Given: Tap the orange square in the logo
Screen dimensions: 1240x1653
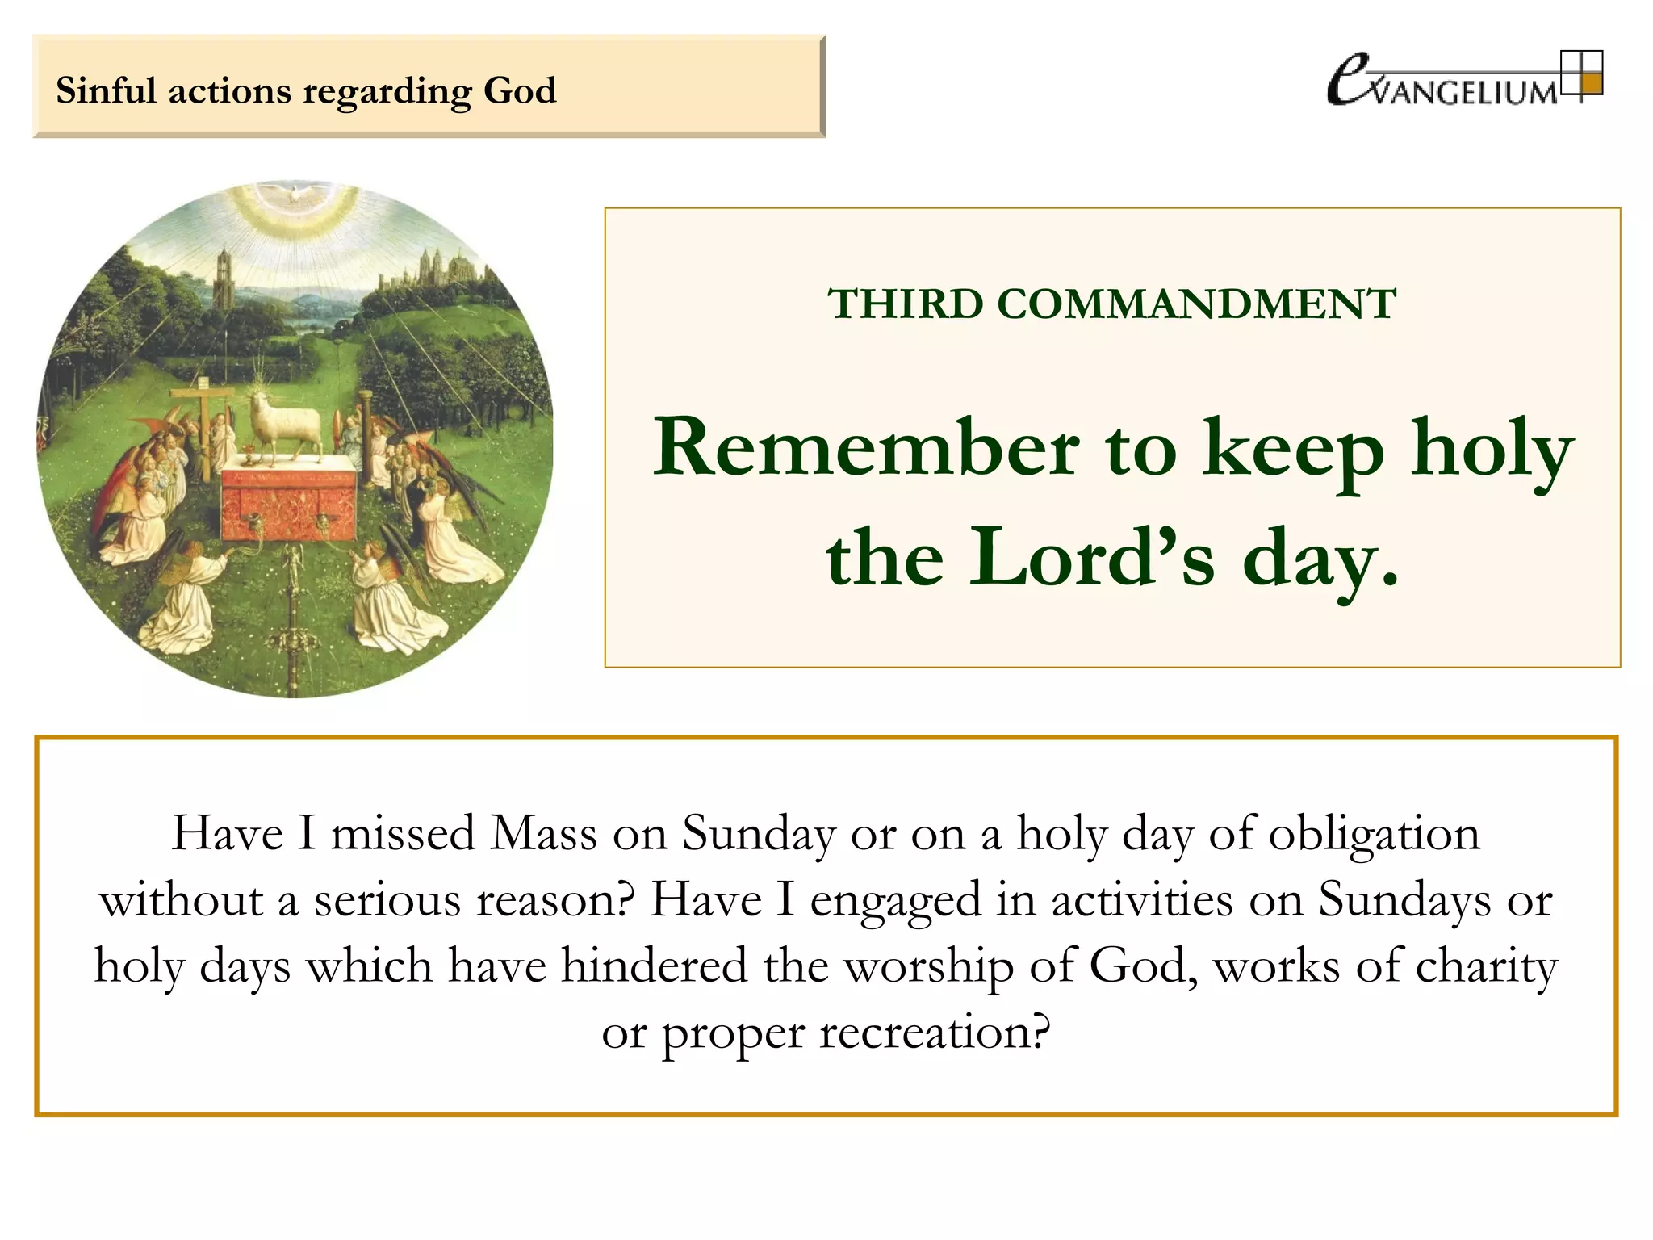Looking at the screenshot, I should pyautogui.click(x=1590, y=84).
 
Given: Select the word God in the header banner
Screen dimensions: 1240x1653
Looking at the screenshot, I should pyautogui.click(x=520, y=90).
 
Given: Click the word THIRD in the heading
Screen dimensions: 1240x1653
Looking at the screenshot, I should pyautogui.click(x=906, y=304).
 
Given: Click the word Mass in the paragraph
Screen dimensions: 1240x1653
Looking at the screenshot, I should pyautogui.click(x=544, y=832).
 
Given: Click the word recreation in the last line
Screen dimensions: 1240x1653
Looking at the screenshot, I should pyautogui.click(x=935, y=1032).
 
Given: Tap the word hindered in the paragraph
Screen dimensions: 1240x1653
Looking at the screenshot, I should pyautogui.click(x=655, y=966).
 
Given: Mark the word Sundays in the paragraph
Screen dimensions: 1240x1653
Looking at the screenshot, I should pyautogui.click(x=1404, y=899).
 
